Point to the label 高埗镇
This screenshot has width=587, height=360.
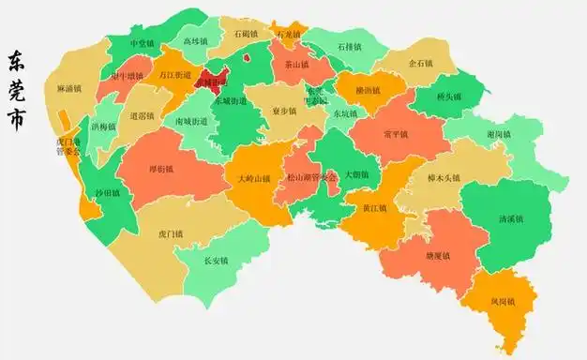pyautogui.click(x=195, y=41)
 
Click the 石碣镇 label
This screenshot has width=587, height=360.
pyautogui.click(x=247, y=34)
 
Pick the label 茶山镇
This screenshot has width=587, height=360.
pyautogui.click(x=296, y=66)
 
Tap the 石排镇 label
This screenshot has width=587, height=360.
pyautogui.click(x=348, y=45)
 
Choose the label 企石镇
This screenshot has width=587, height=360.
pyautogui.click(x=420, y=64)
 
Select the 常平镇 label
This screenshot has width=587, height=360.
pyautogui.click(x=396, y=134)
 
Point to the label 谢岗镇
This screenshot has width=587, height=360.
pyautogui.click(x=499, y=134)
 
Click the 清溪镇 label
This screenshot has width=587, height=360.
pyautogui.click(x=511, y=219)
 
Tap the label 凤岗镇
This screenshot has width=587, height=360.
pyautogui.click(x=502, y=302)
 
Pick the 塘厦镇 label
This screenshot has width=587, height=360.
pyautogui.click(x=438, y=255)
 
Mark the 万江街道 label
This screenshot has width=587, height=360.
pyautogui.click(x=176, y=74)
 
